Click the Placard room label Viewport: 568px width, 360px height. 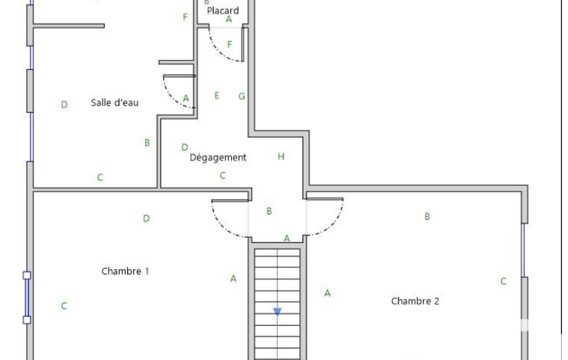click(x=223, y=11)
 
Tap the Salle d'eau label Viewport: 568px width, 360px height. click(x=115, y=102)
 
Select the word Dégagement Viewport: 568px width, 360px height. click(x=218, y=157)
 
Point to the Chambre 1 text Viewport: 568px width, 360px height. click(x=125, y=271)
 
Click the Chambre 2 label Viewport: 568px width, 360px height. click(x=415, y=301)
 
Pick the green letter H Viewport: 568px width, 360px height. click(x=281, y=156)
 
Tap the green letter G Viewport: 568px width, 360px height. click(x=242, y=96)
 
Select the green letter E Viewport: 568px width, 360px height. click(x=217, y=96)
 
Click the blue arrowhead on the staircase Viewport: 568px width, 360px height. click(x=277, y=311)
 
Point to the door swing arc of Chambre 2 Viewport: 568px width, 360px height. click(x=333, y=225)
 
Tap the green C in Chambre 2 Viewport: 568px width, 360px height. click(x=503, y=281)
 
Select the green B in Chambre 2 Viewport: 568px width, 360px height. click(x=427, y=216)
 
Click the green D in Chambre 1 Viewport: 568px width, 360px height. click(x=146, y=218)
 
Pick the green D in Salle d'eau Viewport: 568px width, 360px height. click(x=64, y=105)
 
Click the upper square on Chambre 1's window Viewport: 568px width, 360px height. click(x=27, y=275)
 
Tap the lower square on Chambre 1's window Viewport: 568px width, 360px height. click(x=27, y=320)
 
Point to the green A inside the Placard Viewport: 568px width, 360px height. click(x=228, y=19)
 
